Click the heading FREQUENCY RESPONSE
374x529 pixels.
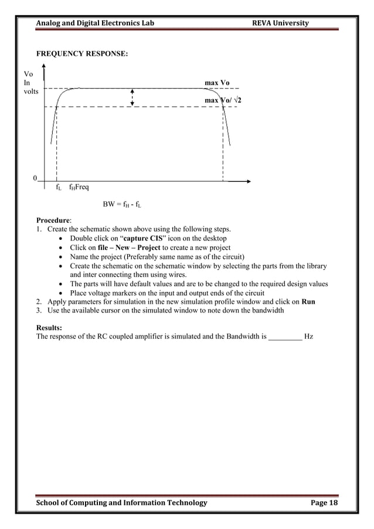(82, 54)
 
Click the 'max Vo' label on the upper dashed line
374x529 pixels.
(216, 83)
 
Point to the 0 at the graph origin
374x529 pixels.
(35, 178)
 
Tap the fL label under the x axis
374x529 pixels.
(58, 188)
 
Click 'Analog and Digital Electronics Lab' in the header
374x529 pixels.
(95, 23)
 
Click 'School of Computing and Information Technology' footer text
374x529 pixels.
(121, 503)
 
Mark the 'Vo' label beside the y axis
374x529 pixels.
(28, 74)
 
